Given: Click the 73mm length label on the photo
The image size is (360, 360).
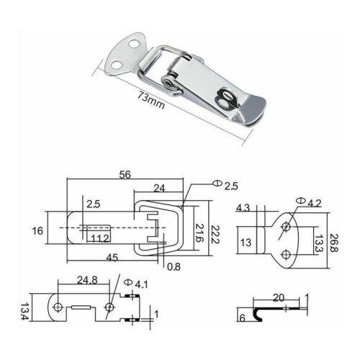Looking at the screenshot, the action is coord(151,99).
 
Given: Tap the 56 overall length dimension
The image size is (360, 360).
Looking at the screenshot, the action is coord(125,174).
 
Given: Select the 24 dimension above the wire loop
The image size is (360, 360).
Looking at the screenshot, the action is coord(159,189).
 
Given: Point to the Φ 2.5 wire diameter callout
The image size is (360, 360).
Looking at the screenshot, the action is coord(225,185).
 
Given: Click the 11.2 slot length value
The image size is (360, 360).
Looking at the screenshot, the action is coord(100,238).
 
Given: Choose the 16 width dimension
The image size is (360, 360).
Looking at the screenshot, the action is coord(37,231).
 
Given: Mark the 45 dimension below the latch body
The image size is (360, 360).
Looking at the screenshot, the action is coord(112,258).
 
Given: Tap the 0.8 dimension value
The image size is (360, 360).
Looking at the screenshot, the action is coord(174,266).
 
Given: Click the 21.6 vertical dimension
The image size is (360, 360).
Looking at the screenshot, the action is coord(199,233).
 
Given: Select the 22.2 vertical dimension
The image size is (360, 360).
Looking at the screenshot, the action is coord(215,235).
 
